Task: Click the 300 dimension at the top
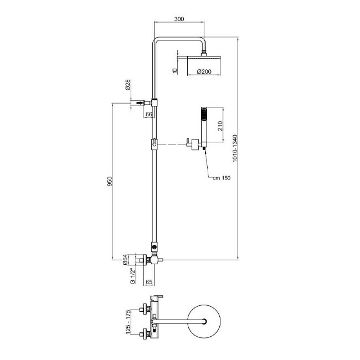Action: [178, 19]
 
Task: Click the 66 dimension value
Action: [148, 115]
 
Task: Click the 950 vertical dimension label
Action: [110, 181]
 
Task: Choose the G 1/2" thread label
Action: [132, 274]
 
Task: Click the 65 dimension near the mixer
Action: [148, 282]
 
